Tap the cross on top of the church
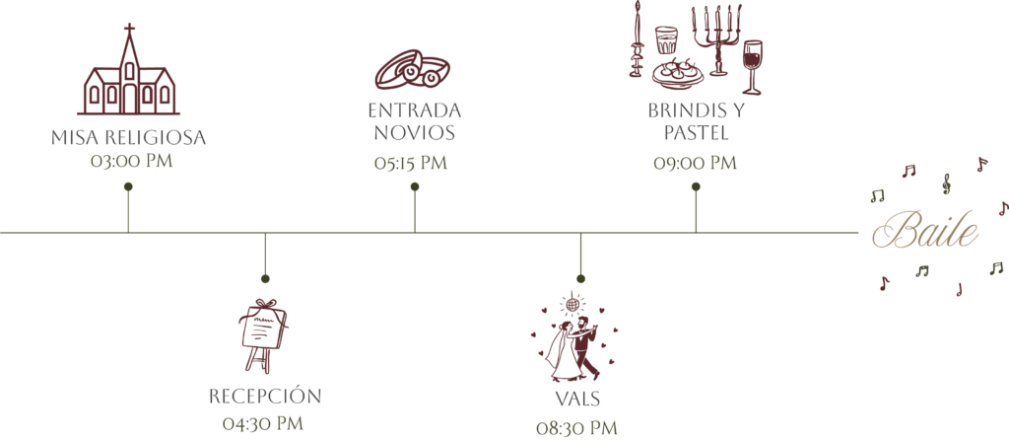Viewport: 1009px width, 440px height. [x=129, y=29]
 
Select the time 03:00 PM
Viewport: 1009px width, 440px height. [x=131, y=161]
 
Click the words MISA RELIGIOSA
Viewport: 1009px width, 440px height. [x=129, y=138]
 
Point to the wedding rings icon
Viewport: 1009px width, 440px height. [x=413, y=70]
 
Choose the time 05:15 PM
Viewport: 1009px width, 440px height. [x=411, y=163]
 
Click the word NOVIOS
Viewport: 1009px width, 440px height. [x=415, y=133]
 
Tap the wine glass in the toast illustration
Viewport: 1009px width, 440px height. [x=752, y=67]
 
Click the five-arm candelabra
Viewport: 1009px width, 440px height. [x=717, y=39]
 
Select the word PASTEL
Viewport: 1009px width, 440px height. [x=696, y=133]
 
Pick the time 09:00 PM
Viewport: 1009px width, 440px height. [x=695, y=163]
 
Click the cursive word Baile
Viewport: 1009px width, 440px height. [x=925, y=230]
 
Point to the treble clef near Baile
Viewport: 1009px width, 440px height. [x=946, y=183]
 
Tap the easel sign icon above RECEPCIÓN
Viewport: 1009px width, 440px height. [x=262, y=335]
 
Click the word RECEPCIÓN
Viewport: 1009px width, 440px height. [x=265, y=397]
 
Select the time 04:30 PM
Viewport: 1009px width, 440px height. [x=262, y=424]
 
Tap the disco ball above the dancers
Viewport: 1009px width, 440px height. [x=572, y=302]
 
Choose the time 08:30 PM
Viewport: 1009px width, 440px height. [x=576, y=428]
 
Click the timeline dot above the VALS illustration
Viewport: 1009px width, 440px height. [x=580, y=279]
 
